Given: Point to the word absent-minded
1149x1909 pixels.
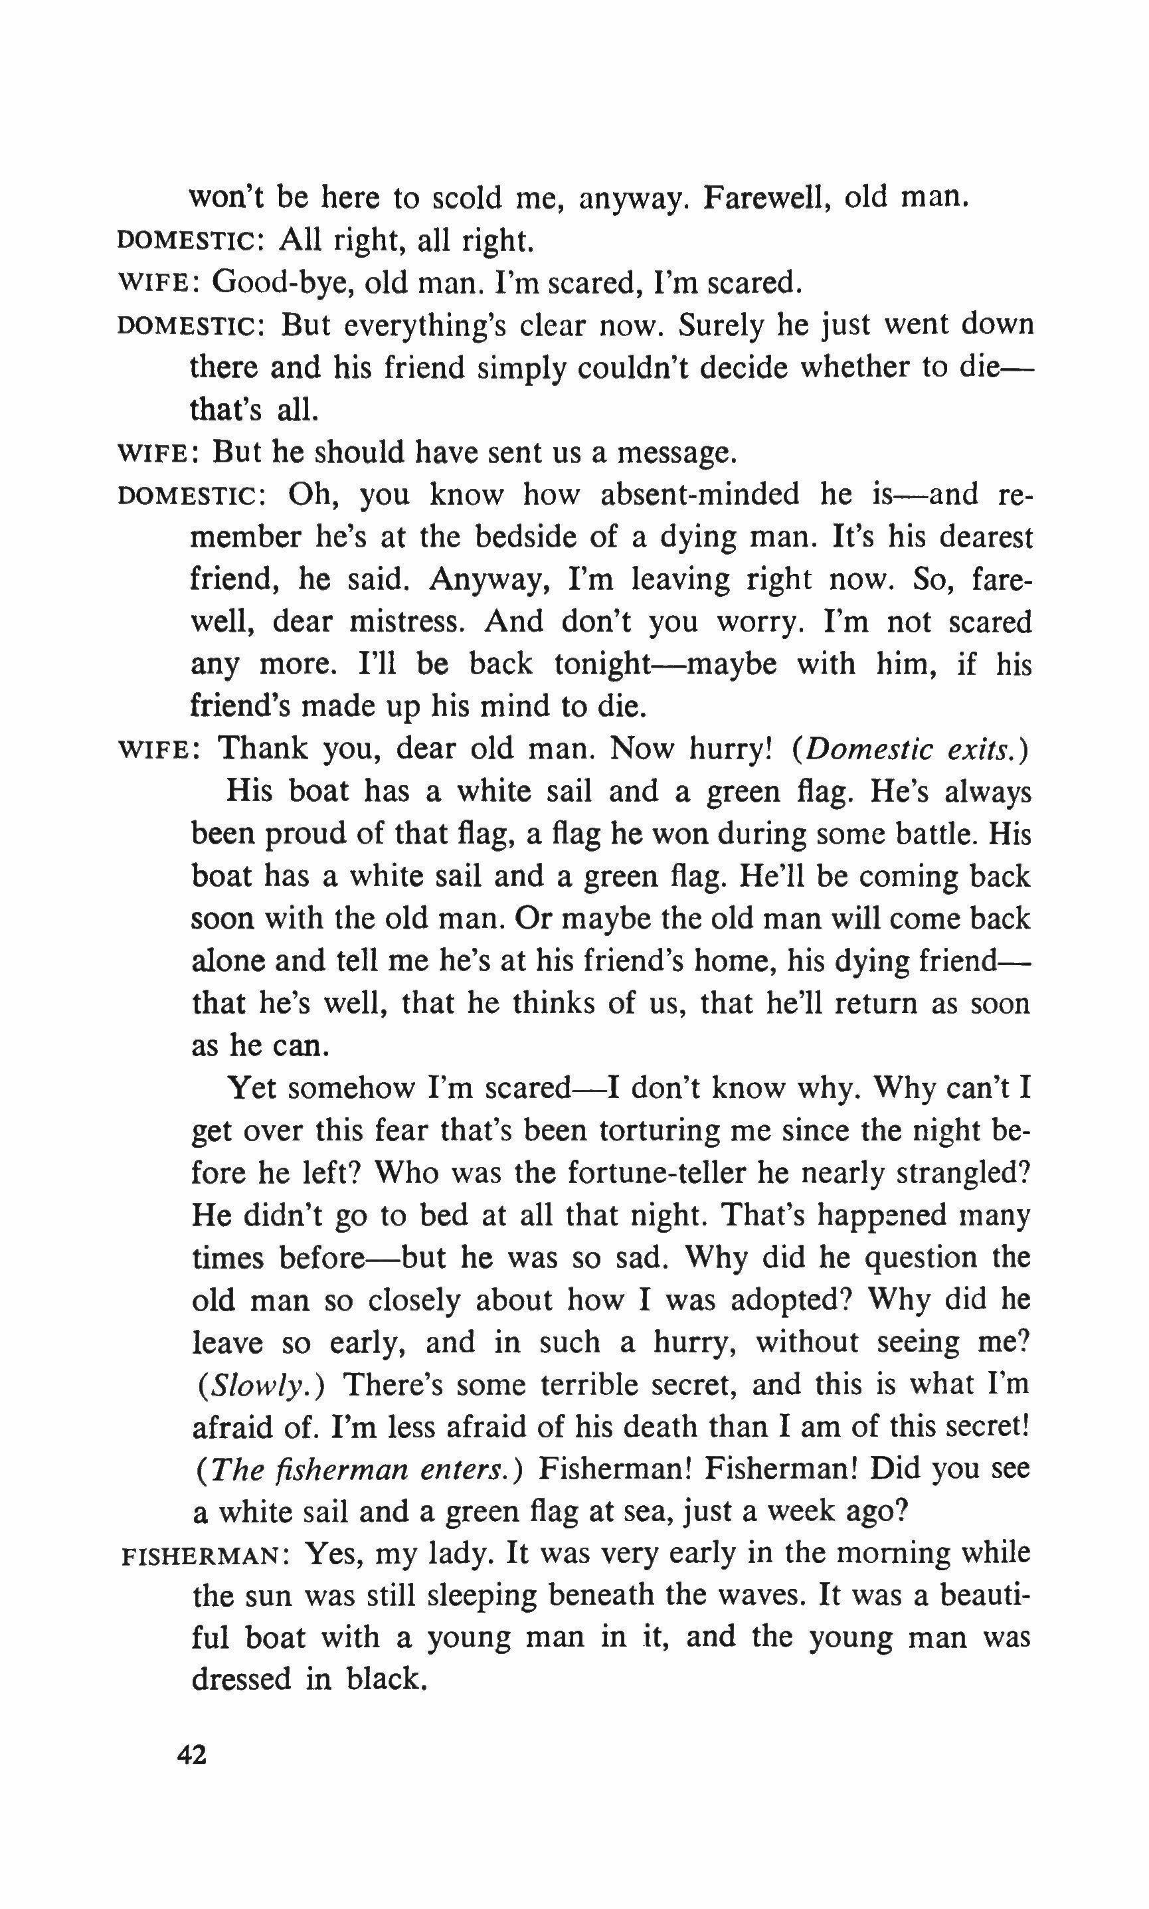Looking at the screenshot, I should point(700,494).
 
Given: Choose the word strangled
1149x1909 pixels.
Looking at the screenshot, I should point(962,1174).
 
